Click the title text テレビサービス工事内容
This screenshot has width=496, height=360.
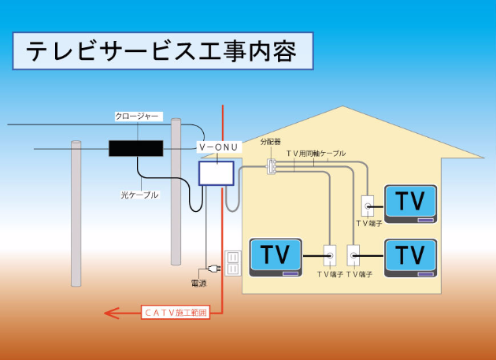(x=162, y=52)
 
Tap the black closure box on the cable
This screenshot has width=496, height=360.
(x=135, y=148)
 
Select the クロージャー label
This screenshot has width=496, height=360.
(x=138, y=117)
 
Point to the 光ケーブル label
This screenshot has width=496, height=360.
(x=140, y=194)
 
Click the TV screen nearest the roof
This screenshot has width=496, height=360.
(x=410, y=203)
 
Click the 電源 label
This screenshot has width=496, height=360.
(x=199, y=282)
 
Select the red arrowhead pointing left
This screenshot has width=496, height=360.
(x=113, y=314)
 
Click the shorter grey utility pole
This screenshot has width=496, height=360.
(x=76, y=213)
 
